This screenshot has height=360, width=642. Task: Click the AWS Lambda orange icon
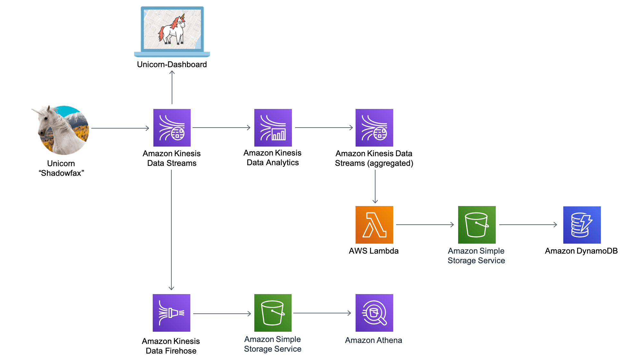coord(374,225)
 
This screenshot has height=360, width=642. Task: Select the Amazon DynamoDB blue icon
coord(582,225)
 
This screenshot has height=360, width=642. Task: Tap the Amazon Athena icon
coord(374,313)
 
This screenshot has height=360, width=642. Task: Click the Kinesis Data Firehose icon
coord(172,313)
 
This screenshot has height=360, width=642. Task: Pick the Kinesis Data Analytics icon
coord(273,128)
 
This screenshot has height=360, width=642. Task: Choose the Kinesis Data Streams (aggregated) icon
coord(374,128)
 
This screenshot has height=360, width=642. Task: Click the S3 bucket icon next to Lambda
coord(477,225)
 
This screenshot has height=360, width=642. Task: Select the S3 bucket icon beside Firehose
coord(273,313)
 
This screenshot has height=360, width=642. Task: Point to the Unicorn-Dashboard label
coord(172,65)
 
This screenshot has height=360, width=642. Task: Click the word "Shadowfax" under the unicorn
coord(61,173)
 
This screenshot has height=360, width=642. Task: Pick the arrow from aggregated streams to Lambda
coord(375,186)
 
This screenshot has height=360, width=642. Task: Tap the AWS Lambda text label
coord(374,251)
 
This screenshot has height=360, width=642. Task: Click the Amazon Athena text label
coord(373,340)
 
